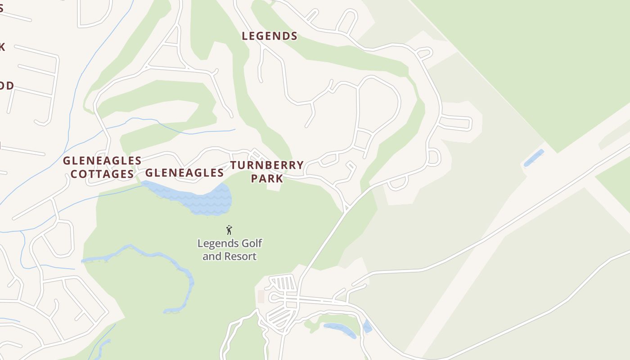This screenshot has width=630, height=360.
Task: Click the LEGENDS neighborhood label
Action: (270, 36)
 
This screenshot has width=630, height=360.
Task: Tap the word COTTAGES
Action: (103, 174)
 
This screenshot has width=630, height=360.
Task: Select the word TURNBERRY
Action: (267, 165)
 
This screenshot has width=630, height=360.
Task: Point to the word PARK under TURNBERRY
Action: (267, 179)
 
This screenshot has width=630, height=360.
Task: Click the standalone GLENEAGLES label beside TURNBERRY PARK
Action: (184, 173)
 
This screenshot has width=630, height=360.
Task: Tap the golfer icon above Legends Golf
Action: (229, 230)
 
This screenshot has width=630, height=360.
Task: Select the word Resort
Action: (242, 256)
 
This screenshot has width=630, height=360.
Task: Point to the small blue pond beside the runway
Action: (534, 158)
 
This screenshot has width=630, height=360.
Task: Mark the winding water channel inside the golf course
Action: (180, 270)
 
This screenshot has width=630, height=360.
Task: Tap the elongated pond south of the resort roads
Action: (340, 329)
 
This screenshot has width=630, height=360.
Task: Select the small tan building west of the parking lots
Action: (261, 297)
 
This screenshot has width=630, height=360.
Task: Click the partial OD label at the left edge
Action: (6, 86)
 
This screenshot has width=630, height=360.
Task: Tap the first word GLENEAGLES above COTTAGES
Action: (102, 161)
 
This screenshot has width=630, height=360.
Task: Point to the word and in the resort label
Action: (210, 256)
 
